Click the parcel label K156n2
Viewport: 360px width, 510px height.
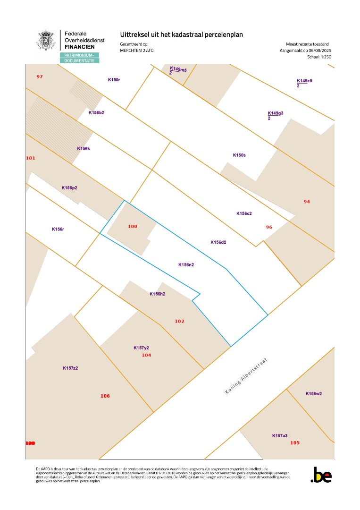click(x=186, y=265)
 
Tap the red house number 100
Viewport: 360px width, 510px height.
click(x=133, y=227)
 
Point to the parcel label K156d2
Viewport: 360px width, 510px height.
click(x=218, y=242)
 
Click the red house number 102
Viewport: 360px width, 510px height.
click(x=179, y=321)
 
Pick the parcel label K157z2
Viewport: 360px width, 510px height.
click(x=70, y=368)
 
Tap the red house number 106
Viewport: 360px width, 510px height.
click(x=105, y=396)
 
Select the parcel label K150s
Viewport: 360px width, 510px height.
click(x=239, y=155)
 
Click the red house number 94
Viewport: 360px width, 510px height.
click(x=307, y=202)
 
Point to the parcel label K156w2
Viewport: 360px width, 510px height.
click(x=313, y=393)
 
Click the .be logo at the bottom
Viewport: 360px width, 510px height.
click(x=321, y=475)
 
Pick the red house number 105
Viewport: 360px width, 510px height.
click(x=295, y=442)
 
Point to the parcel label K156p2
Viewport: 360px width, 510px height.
click(x=69, y=187)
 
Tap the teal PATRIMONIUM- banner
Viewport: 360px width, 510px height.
click(x=79, y=55)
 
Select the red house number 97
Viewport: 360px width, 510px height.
click(x=40, y=76)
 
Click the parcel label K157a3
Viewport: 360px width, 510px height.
click(x=280, y=435)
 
